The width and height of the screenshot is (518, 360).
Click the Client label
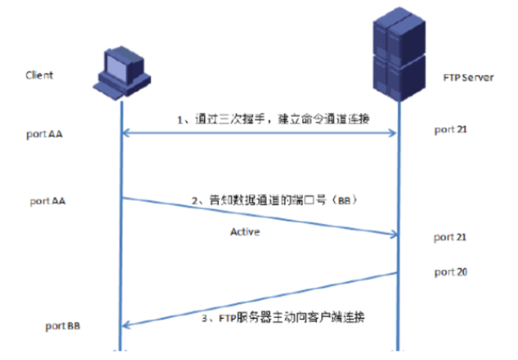click(39, 75)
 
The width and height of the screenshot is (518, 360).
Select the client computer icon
click(122, 71)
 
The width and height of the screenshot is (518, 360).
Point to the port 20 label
click(451, 273)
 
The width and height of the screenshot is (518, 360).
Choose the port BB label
click(63, 326)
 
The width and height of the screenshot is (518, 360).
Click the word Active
click(245, 232)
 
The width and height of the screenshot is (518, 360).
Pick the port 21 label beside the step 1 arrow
click(451, 130)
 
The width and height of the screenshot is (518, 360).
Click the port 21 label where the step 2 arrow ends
click(451, 237)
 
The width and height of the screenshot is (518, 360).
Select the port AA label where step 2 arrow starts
click(48, 201)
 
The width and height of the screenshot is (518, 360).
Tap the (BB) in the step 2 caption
click(344, 202)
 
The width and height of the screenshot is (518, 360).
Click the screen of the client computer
click(120, 64)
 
